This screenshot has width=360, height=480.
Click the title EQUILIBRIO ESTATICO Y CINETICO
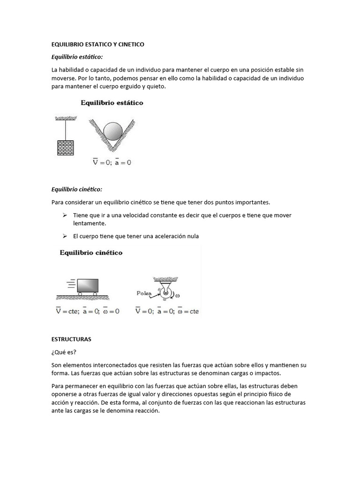pos(97,45)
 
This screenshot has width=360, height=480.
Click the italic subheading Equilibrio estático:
pos(76,57)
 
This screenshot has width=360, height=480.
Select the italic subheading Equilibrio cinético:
pos(76,189)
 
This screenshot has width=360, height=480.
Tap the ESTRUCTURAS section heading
pos(71,338)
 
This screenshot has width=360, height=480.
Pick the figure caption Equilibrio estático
pos(112,103)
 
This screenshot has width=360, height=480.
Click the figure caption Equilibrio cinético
pos(90,253)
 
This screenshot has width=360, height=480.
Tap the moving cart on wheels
pos(87,286)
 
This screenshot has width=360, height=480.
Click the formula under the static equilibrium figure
pos(112,162)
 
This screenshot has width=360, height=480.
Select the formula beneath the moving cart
pos(88,311)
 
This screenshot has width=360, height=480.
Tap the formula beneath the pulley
pos(166,311)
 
